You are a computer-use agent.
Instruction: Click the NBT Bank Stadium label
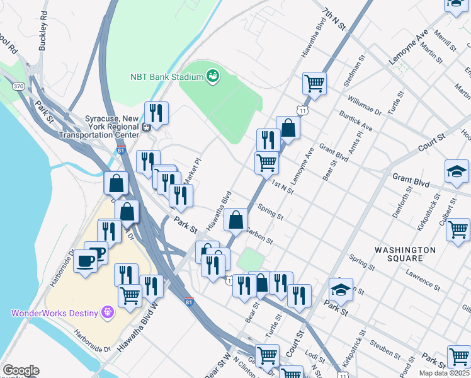(x=166, y=77)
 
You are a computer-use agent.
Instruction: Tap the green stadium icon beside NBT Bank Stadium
(x=213, y=76)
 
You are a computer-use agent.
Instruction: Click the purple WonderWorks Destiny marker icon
(x=108, y=312)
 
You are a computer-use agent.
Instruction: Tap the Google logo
(x=20, y=370)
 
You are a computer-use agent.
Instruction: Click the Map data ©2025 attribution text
(x=445, y=373)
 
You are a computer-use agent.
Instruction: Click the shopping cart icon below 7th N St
(x=314, y=83)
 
